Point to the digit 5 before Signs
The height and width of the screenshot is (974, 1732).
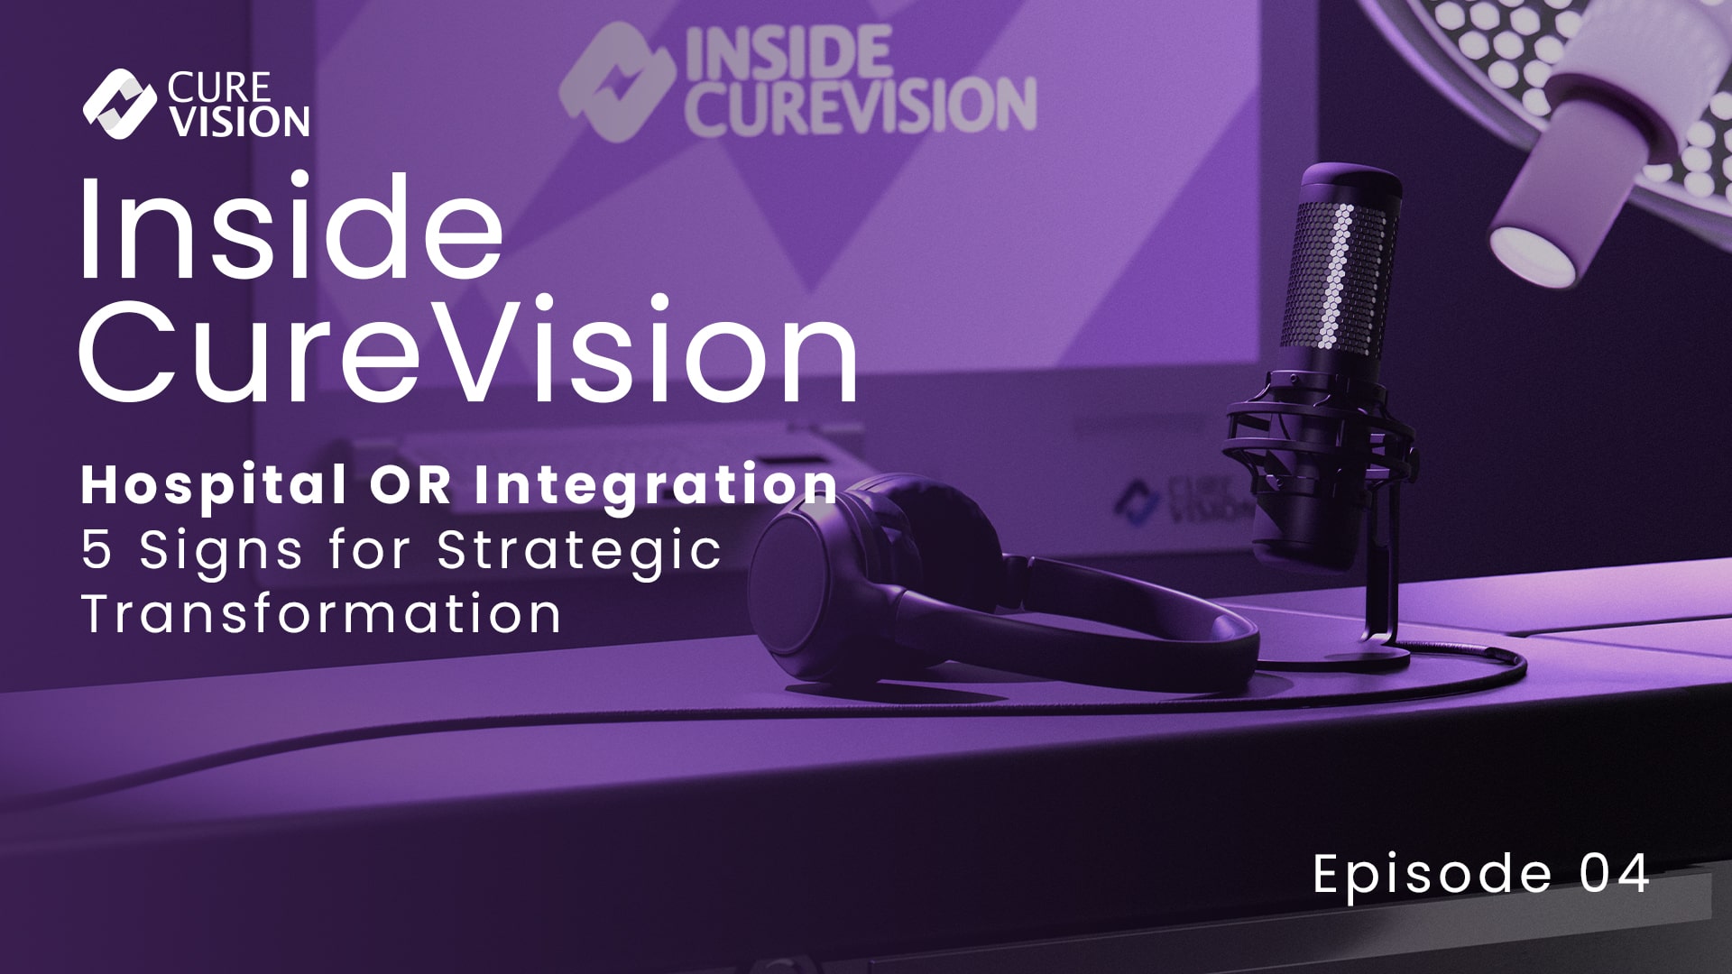coord(97,550)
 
